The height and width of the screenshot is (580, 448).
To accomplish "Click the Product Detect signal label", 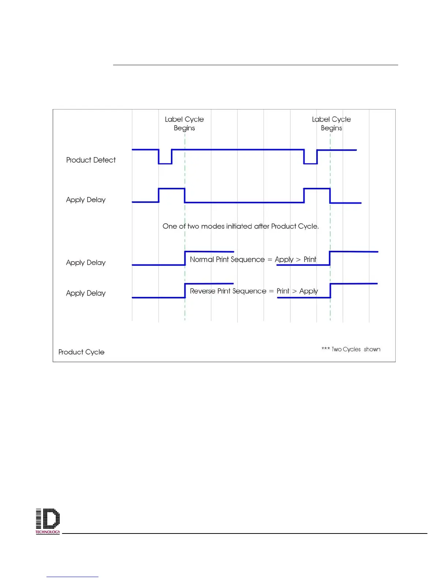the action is click(91, 160).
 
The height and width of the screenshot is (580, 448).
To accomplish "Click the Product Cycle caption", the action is click(81, 352).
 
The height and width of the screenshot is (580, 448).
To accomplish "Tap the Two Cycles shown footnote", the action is click(351, 349).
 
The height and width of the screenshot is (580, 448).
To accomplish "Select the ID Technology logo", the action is click(48, 521).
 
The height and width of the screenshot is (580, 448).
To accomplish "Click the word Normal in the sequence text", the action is click(202, 260).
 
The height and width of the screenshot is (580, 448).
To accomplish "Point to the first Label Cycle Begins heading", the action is click(184, 123).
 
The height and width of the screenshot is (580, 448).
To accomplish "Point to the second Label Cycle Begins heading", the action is click(331, 123).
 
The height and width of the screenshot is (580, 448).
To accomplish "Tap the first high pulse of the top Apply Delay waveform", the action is click(172, 189).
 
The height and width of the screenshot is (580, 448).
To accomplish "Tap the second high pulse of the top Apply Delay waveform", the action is click(317, 189).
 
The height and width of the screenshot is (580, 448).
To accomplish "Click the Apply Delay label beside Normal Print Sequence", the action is click(86, 263).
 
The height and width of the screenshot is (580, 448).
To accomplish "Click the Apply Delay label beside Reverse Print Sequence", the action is click(86, 293).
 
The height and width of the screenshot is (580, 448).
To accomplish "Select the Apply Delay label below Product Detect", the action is click(86, 200).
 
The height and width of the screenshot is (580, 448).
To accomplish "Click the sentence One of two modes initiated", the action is click(240, 226).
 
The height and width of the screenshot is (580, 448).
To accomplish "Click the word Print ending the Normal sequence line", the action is click(310, 260).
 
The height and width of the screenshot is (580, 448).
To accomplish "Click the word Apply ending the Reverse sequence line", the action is click(309, 291).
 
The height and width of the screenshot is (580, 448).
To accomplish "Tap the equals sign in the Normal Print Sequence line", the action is click(270, 260).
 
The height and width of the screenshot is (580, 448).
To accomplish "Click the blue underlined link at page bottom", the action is click(72, 576).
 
